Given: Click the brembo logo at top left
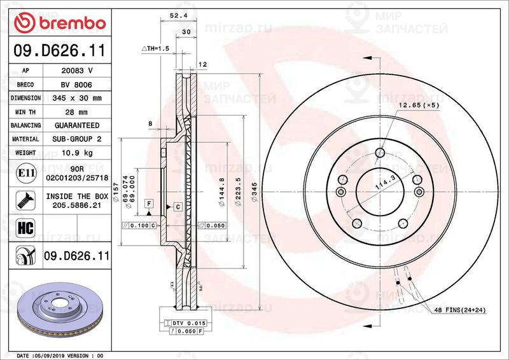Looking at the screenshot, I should point(59,23).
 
